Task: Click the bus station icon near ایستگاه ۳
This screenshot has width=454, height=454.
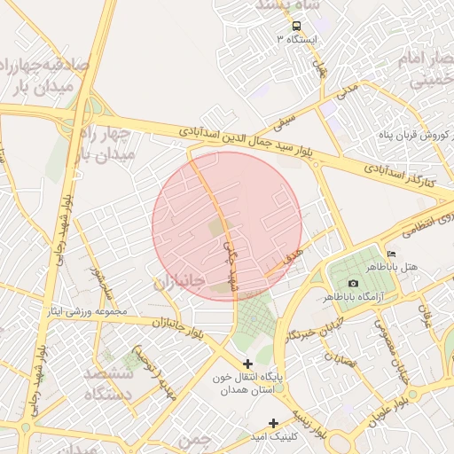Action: [x=295, y=27]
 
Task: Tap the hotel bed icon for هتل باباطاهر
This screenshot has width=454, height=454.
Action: [x=392, y=254]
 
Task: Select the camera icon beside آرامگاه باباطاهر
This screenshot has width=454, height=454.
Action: [x=354, y=283]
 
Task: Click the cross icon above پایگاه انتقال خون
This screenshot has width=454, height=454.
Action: [x=247, y=364]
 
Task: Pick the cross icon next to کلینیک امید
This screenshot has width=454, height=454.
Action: [x=274, y=423]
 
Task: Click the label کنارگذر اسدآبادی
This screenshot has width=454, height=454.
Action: [x=397, y=170]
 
